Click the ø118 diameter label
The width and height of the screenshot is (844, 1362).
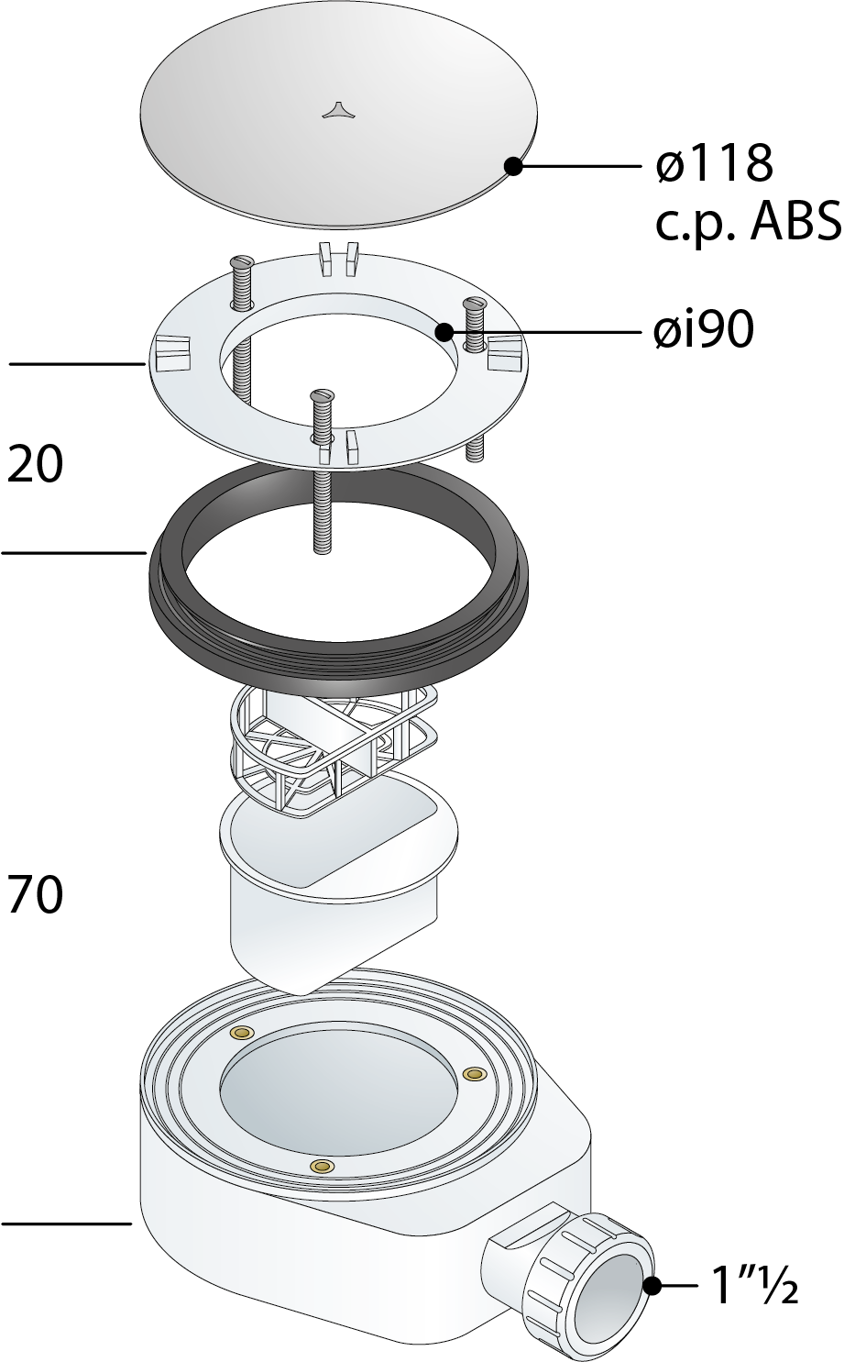pyautogui.click(x=715, y=164)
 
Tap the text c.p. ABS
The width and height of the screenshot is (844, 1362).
pyautogui.click(x=749, y=223)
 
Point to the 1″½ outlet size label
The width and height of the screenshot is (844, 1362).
pyautogui.click(x=756, y=1285)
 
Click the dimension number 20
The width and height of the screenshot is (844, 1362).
pyautogui.click(x=35, y=464)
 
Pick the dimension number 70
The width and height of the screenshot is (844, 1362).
pyautogui.click(x=35, y=894)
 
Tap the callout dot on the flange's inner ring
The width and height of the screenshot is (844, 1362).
pyautogui.click(x=444, y=332)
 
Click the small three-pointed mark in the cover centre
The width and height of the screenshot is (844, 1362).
pyautogui.click(x=334, y=110)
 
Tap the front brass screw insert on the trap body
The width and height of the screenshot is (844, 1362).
pyautogui.click(x=321, y=1181)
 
